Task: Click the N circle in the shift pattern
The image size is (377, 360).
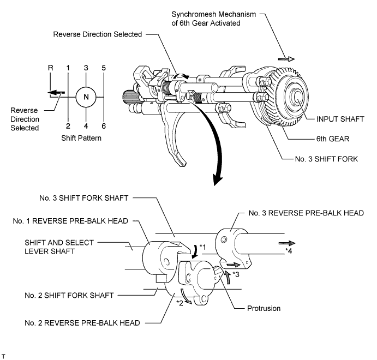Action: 86,97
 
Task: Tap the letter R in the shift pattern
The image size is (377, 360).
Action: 50,68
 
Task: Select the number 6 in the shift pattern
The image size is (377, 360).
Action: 104,126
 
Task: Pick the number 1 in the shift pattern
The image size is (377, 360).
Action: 68,68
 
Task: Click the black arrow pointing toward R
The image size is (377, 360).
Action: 55,92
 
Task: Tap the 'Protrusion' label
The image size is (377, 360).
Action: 262,308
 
